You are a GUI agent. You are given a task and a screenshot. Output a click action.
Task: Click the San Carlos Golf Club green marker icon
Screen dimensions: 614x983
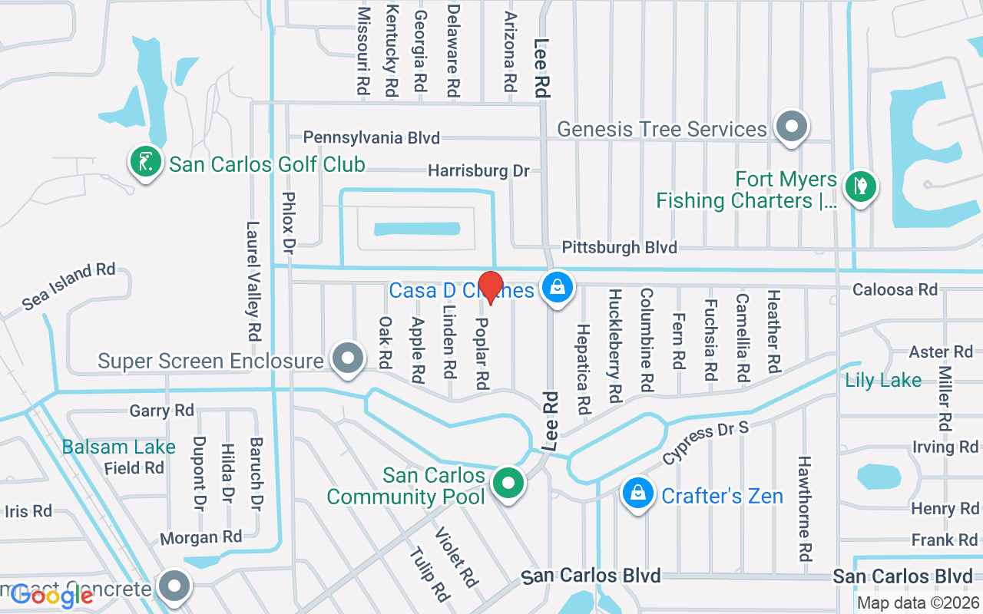coord(145,161)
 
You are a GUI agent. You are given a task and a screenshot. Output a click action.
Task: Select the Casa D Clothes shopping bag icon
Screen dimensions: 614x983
coord(558,287)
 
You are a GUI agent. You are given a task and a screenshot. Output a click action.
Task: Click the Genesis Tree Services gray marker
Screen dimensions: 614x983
coord(792,126)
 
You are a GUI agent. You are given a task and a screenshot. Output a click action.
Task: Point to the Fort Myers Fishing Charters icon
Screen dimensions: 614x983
coord(861,186)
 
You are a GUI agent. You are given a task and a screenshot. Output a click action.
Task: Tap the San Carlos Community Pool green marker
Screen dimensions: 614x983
coord(508,484)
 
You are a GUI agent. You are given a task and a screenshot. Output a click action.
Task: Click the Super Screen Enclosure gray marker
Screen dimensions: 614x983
coord(348,358)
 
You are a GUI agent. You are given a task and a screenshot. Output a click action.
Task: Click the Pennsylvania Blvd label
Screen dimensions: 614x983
coord(372,137)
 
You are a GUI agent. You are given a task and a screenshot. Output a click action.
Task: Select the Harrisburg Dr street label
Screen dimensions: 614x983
coord(478,170)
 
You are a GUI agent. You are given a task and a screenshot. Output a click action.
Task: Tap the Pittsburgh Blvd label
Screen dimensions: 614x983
coord(620,247)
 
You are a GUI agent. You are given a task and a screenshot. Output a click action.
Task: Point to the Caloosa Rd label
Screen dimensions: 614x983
coord(895,289)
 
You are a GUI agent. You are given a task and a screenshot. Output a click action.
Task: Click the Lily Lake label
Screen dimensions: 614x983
coord(883,380)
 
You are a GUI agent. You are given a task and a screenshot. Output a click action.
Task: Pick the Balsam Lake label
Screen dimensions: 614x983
coord(119,447)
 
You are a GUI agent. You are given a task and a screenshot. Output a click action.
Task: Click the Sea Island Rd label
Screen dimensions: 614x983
coord(68,286)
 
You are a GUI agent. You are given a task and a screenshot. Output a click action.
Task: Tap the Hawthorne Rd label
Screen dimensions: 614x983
coord(804,508)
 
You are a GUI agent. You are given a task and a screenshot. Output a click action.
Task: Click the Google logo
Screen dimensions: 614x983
coord(52,596)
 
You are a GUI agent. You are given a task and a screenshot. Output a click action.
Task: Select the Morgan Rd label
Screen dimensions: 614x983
coord(200,537)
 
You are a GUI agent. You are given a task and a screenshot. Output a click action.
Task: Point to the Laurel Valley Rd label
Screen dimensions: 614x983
coord(253,281)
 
